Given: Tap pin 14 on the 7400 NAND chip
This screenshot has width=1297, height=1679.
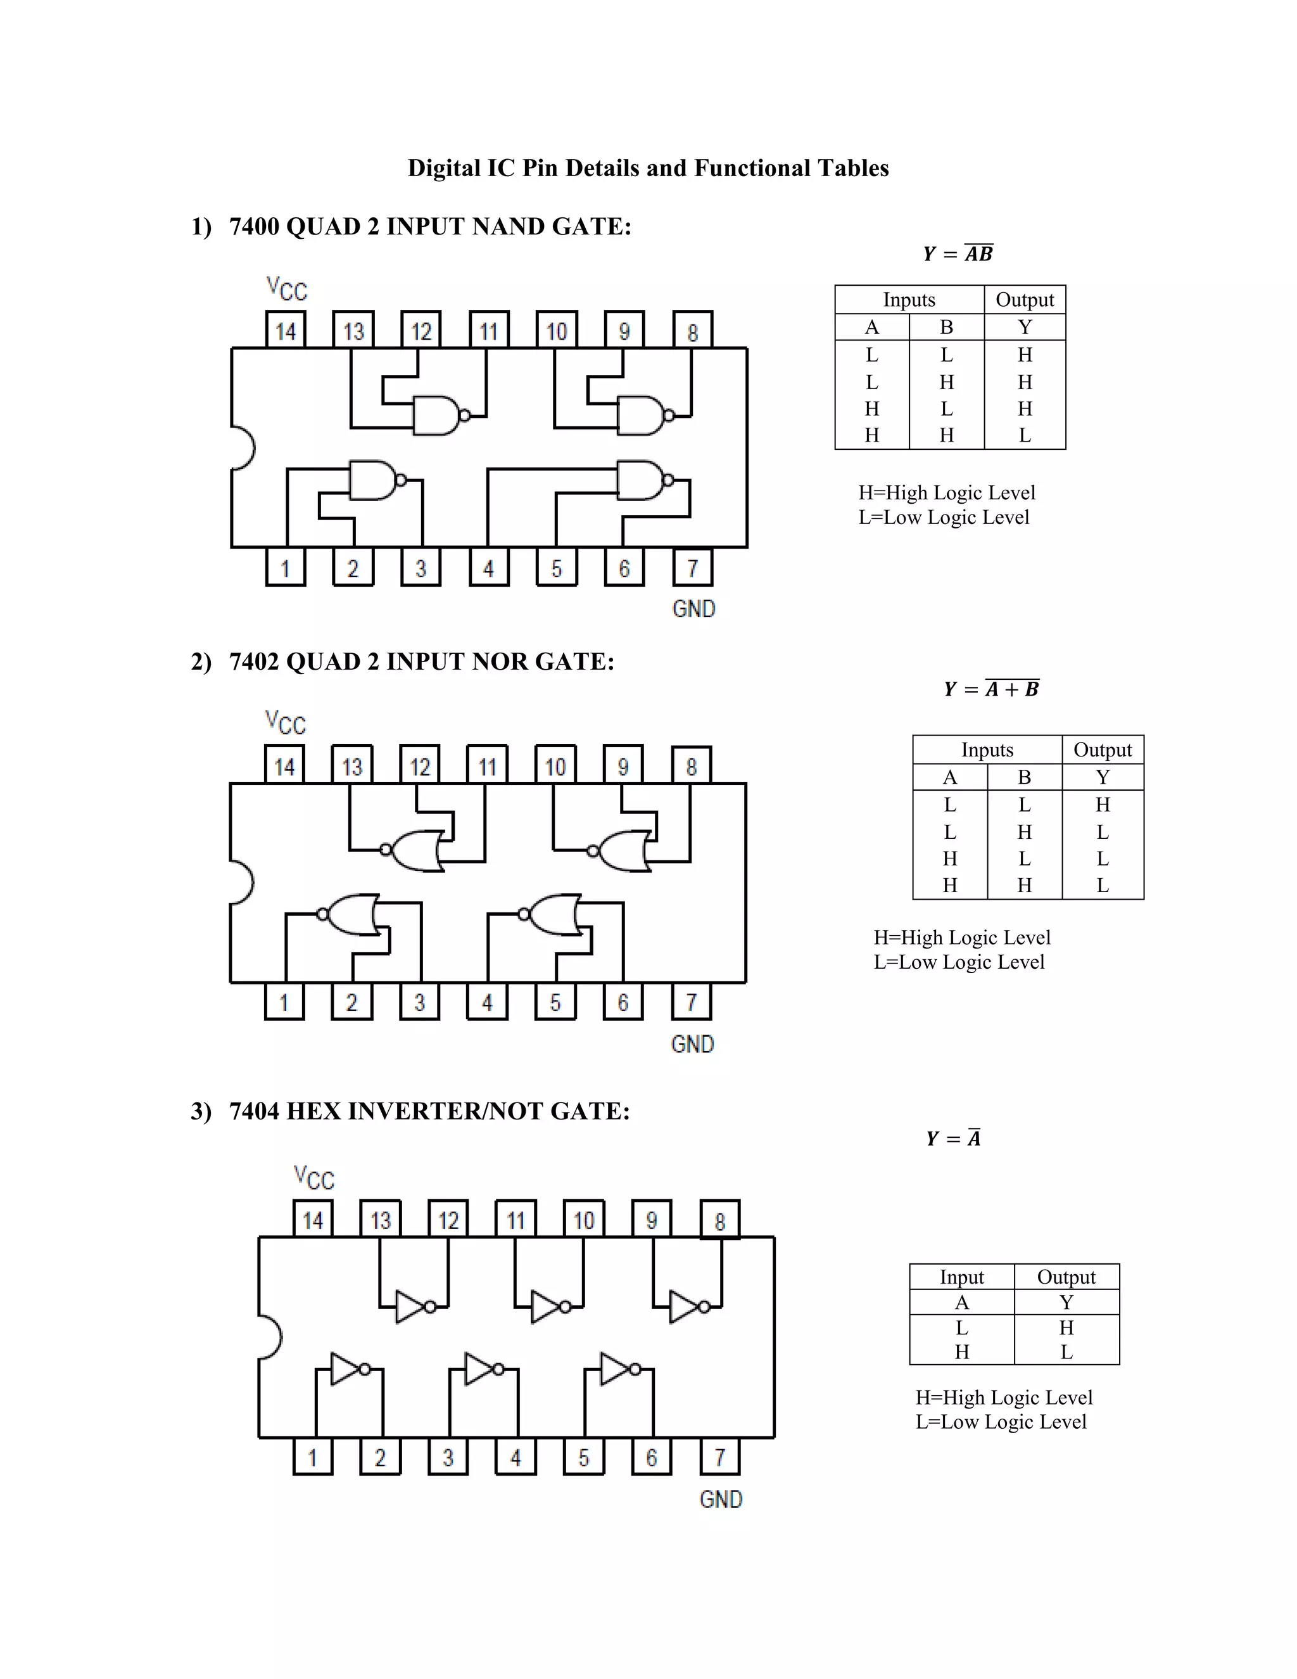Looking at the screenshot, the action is tap(285, 331).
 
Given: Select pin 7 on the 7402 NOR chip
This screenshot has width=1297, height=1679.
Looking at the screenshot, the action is tap(691, 1002).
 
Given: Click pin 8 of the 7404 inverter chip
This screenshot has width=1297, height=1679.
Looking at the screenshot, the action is tap(719, 1221).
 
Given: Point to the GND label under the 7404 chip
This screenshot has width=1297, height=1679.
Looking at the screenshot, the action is tap(721, 1498).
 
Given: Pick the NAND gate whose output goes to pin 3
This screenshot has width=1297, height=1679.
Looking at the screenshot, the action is tap(375, 480).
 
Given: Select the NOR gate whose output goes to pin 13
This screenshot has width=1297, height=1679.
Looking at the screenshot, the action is tap(417, 850).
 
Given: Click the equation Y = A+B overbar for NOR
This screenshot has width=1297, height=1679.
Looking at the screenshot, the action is tap(991, 689).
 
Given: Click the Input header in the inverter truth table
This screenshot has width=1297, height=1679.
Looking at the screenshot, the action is tap(961, 1277).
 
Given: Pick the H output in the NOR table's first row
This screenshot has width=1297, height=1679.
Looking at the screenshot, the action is tap(1103, 805).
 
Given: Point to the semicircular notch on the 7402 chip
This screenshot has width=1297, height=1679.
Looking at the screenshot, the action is tap(242, 882).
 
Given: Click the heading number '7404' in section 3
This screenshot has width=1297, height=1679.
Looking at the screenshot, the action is tap(255, 1111).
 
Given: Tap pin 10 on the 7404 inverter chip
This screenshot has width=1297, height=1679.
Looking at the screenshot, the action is tap(583, 1221).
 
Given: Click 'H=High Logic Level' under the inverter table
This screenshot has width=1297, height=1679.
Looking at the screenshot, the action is tap(1004, 1398).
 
